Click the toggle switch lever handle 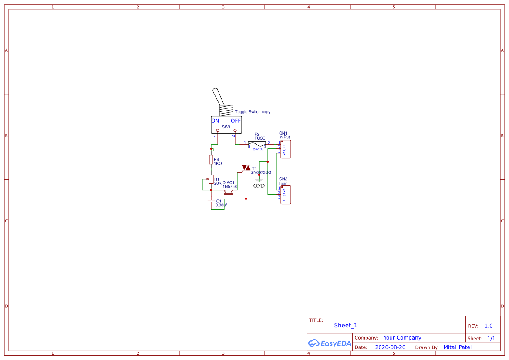pos(218,97)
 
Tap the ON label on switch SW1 pos(215,121)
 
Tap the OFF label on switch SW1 pos(236,121)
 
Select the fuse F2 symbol pos(257,145)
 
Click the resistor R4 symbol pos(211,160)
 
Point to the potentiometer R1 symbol pos(211,179)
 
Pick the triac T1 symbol pos(246,168)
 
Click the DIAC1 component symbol pos(229,192)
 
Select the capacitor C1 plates pos(211,201)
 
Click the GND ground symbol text pos(259,186)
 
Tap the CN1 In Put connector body pos(286,149)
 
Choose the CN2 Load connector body pos(286,195)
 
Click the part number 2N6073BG pos(261,172)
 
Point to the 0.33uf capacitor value pos(221,205)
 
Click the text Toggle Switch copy pos(253,112)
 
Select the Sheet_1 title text pos(346,325)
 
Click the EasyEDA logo pos(329,343)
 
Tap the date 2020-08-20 pos(390,347)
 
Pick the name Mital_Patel pos(457,347)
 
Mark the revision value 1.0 pos(489,326)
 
